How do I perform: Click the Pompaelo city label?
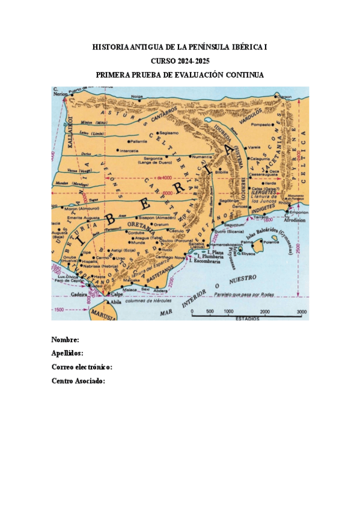[260, 124]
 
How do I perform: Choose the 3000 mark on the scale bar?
[301, 312]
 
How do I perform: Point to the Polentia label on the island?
[272, 242]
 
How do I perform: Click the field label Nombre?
[66, 340]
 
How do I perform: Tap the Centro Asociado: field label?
[79, 381]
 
